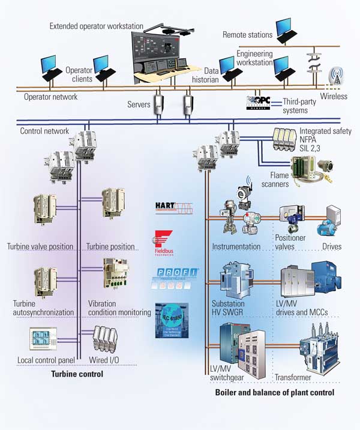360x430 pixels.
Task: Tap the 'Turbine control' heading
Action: (78, 374)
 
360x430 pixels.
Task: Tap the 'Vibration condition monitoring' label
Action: (119, 308)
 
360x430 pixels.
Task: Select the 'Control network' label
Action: (44, 130)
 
